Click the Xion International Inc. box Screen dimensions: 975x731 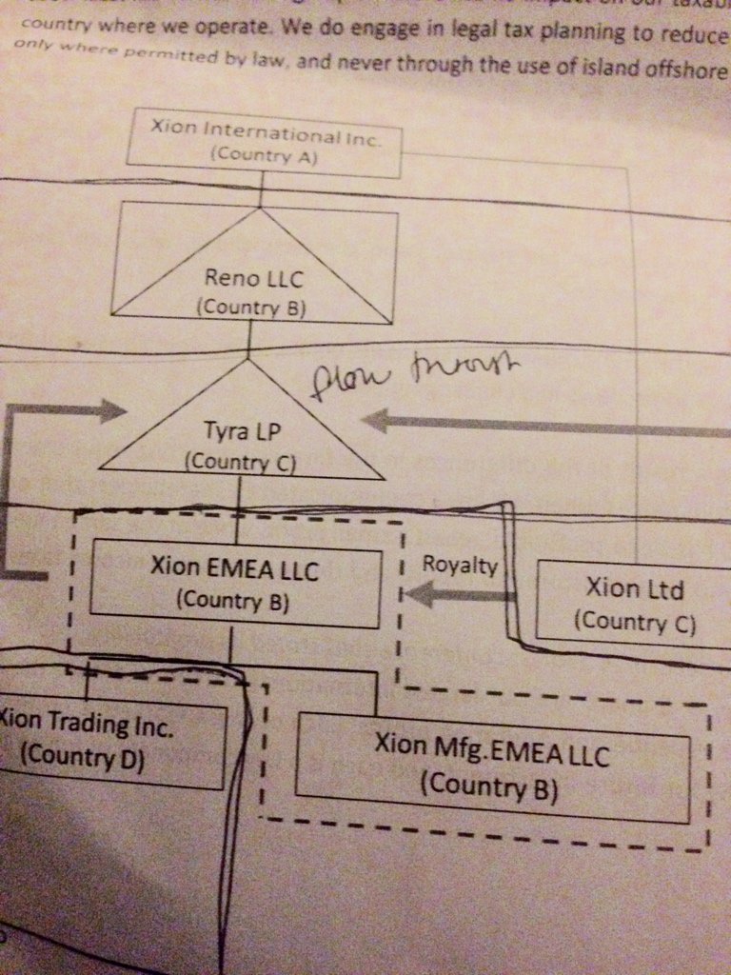(x=265, y=142)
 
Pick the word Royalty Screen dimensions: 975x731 (x=460, y=565)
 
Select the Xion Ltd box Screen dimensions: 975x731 (x=634, y=604)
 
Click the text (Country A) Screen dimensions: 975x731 (x=262, y=155)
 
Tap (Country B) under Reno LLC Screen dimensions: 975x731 (x=251, y=307)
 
